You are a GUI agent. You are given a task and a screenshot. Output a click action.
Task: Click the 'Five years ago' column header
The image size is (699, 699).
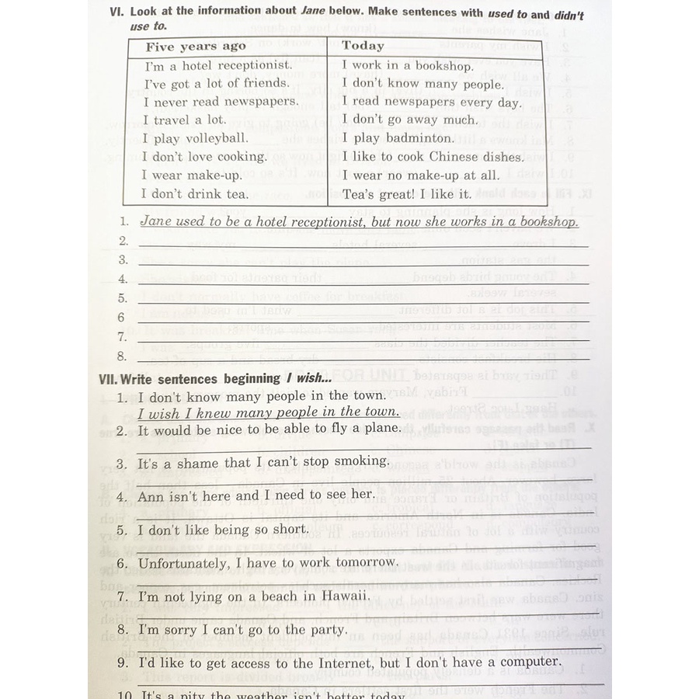(x=196, y=47)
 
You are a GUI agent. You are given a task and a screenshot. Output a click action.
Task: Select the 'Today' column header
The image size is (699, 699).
(x=363, y=46)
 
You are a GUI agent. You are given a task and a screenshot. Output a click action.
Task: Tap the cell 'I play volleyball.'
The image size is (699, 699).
(x=196, y=138)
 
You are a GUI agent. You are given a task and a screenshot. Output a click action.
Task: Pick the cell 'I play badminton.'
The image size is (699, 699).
(x=398, y=138)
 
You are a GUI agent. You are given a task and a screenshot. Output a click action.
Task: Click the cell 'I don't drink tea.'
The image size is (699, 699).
(x=196, y=194)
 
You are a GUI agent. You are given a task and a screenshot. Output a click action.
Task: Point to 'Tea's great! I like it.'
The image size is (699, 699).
(x=407, y=194)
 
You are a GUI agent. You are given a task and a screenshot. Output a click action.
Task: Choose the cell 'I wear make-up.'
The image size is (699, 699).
(x=192, y=176)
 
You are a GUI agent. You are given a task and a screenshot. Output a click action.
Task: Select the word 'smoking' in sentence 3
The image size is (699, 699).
(x=362, y=461)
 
